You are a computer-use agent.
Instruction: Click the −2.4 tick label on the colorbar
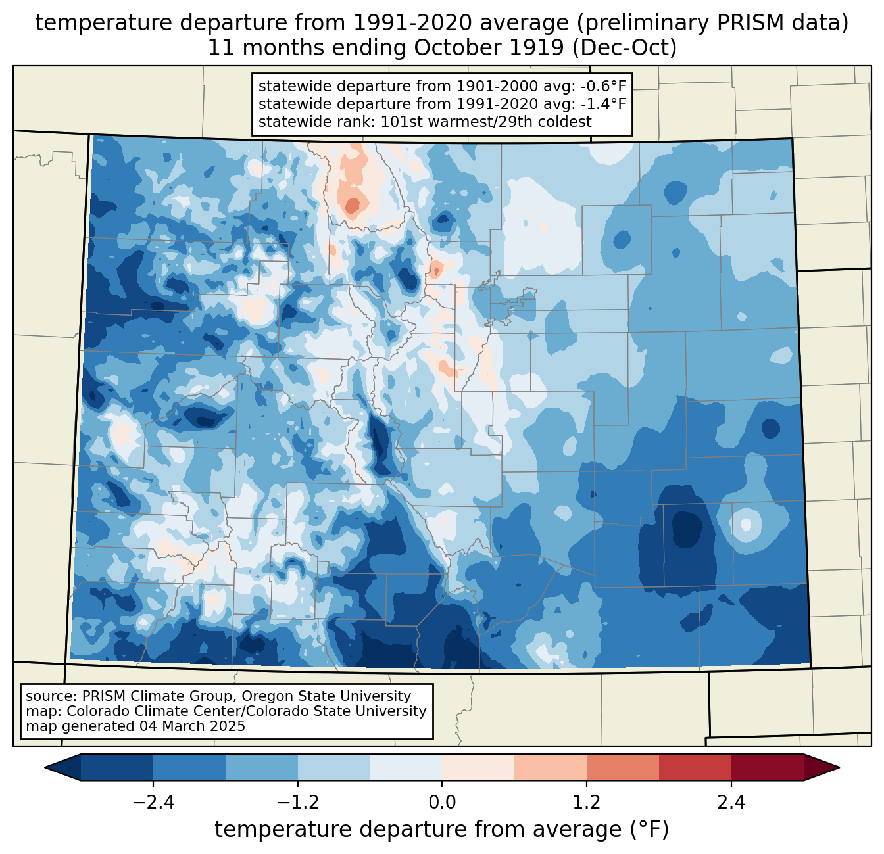click(153, 803)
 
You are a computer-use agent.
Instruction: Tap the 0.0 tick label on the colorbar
click(442, 803)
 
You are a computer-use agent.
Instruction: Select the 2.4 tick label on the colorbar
click(731, 803)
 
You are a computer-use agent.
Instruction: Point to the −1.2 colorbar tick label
click(297, 803)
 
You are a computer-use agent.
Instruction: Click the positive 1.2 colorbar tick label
click(587, 803)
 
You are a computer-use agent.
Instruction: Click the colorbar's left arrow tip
click(45, 768)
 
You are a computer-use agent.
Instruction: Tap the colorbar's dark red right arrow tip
click(839, 768)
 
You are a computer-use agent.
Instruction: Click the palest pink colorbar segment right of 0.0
click(478, 768)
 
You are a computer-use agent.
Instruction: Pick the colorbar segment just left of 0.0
click(406, 768)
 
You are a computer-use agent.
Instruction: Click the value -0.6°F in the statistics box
click(601, 86)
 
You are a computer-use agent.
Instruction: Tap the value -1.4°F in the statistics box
click(601, 103)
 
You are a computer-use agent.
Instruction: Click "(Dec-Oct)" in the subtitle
click(624, 48)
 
